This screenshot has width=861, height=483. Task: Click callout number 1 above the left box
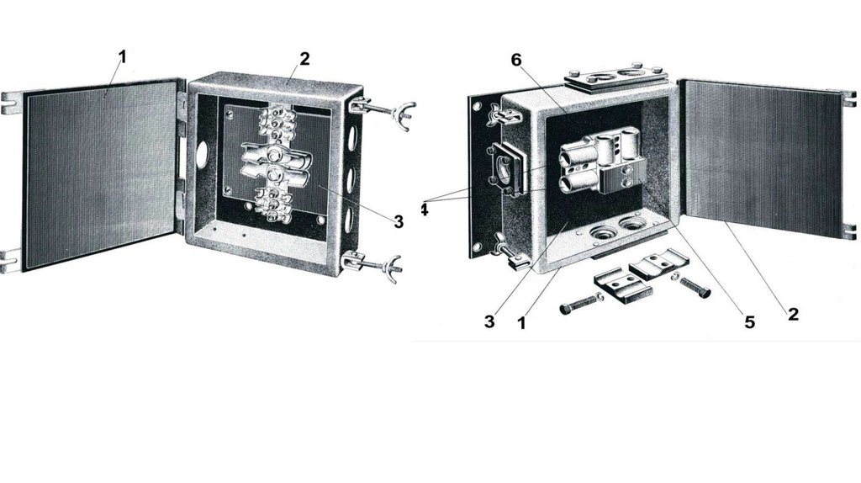(122, 56)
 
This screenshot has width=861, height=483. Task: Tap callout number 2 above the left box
(304, 59)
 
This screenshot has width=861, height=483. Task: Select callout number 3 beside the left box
(399, 221)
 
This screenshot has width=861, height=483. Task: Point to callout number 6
(516, 60)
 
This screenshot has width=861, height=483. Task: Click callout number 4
(425, 210)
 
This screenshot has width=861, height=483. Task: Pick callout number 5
(749, 322)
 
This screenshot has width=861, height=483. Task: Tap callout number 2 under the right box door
(793, 315)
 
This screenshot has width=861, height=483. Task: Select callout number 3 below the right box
(489, 321)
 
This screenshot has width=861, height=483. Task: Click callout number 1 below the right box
(521, 323)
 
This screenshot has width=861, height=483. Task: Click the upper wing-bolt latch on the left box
(383, 110)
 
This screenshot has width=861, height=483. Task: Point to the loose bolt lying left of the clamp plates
(580, 304)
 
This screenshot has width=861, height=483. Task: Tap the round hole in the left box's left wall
(202, 154)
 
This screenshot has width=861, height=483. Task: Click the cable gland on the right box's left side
(506, 170)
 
